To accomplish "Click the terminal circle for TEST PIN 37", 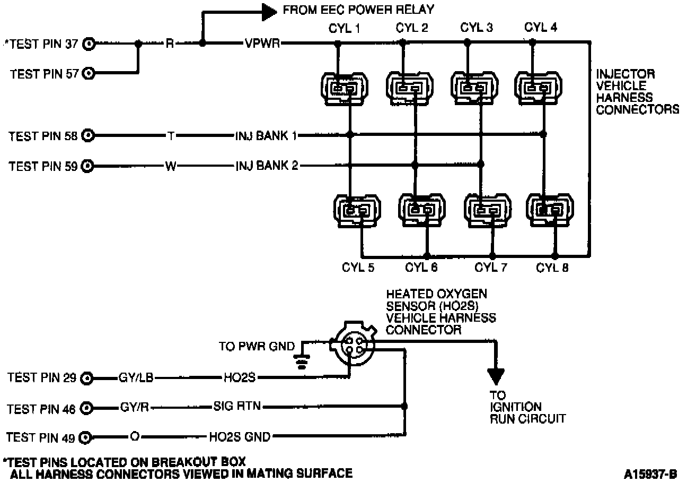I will pyautogui.click(x=90, y=44).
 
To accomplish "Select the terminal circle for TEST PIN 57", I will pyautogui.click(x=90, y=73).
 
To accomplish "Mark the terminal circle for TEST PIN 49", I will pyautogui.click(x=87, y=438).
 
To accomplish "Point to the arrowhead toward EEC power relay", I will pyautogui.click(x=270, y=10).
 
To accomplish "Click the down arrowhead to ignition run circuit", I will pyautogui.click(x=496, y=376).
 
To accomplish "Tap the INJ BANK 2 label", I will pyautogui.click(x=267, y=166).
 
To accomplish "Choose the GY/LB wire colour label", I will pyautogui.click(x=137, y=378).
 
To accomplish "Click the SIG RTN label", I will pyautogui.click(x=237, y=407).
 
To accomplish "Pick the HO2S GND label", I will pyautogui.click(x=240, y=437).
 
